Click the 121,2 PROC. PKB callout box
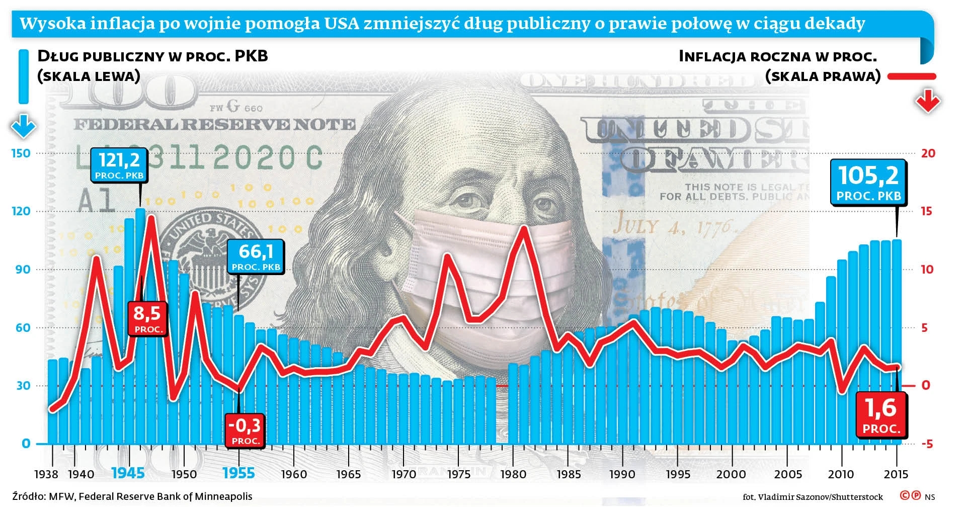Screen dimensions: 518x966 point(119,164)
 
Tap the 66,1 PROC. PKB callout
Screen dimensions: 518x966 point(256,256)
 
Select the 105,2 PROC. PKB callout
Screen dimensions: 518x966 point(868,182)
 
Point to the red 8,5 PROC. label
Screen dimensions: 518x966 point(147,318)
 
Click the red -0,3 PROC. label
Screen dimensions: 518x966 point(245,430)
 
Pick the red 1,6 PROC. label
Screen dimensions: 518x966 point(881,415)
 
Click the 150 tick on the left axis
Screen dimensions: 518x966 point(21,153)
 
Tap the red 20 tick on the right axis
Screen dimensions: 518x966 point(928,153)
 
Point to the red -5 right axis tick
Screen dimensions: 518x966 point(927,444)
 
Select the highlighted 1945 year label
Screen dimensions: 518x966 point(128,473)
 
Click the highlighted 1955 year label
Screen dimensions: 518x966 point(238,473)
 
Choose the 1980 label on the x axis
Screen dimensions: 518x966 point(513,474)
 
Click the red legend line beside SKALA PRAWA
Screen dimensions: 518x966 point(912,76)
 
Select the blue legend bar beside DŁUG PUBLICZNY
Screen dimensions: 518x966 point(24,76)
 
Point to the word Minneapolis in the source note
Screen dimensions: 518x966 point(223,496)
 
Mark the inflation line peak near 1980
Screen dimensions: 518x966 point(524,229)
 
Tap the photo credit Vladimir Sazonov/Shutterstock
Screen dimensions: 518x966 point(813,497)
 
